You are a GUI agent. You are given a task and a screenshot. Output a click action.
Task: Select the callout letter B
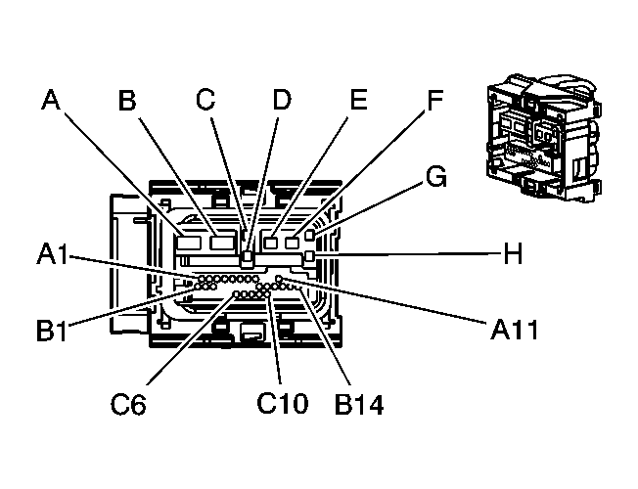[127, 101]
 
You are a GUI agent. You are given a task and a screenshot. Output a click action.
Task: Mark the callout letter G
[436, 177]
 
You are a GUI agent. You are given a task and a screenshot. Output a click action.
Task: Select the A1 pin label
[51, 255]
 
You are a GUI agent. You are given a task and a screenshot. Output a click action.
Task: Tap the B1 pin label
[51, 331]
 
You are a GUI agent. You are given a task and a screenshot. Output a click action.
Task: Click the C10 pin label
[282, 401]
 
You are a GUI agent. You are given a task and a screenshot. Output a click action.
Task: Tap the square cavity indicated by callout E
[271, 242]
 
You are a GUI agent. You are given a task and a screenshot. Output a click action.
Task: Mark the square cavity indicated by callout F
[292, 242]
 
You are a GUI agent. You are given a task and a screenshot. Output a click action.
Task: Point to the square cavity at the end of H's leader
[310, 257]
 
